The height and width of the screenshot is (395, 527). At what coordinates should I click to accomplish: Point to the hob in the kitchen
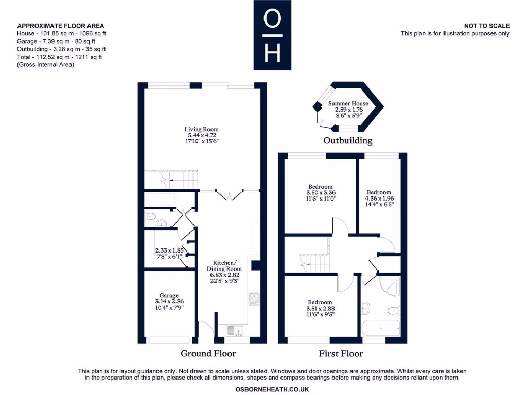pos(254,299)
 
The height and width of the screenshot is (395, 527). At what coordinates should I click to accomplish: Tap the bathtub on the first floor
pos(381,327)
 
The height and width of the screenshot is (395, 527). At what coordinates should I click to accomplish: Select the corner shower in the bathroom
pos(390,285)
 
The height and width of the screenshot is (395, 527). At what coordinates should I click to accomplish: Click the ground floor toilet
pos(150,216)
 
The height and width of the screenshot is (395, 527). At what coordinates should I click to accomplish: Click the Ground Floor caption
pos(208,353)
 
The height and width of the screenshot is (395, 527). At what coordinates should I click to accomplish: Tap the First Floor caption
pos(341,353)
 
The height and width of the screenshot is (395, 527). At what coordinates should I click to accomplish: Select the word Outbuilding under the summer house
pos(347,140)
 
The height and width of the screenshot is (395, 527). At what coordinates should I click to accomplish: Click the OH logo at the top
pos(272,35)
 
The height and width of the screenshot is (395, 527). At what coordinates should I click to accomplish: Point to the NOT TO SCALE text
pos(486,26)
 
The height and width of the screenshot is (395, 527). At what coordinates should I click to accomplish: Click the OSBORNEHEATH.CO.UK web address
pos(272,390)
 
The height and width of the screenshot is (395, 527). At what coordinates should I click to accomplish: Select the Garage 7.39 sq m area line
pos(59,41)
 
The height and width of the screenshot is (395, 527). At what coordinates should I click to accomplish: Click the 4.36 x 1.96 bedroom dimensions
pos(378,199)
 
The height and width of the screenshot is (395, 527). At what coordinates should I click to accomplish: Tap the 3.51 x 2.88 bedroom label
pos(320,309)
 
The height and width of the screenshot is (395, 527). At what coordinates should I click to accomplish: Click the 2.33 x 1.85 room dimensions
pos(169,250)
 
